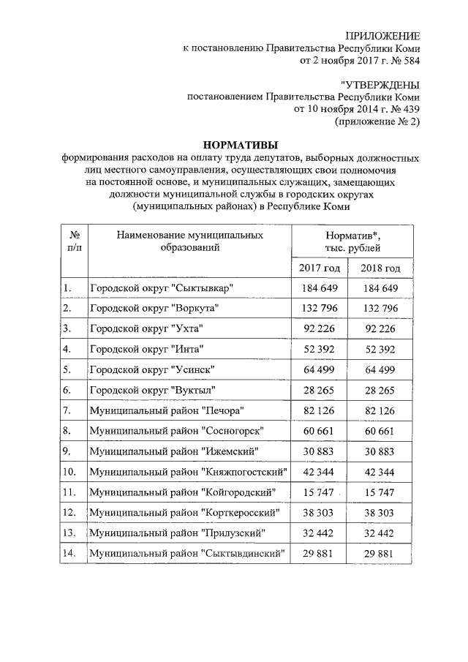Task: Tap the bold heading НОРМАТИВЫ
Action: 240,144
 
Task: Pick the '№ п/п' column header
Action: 74,241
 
